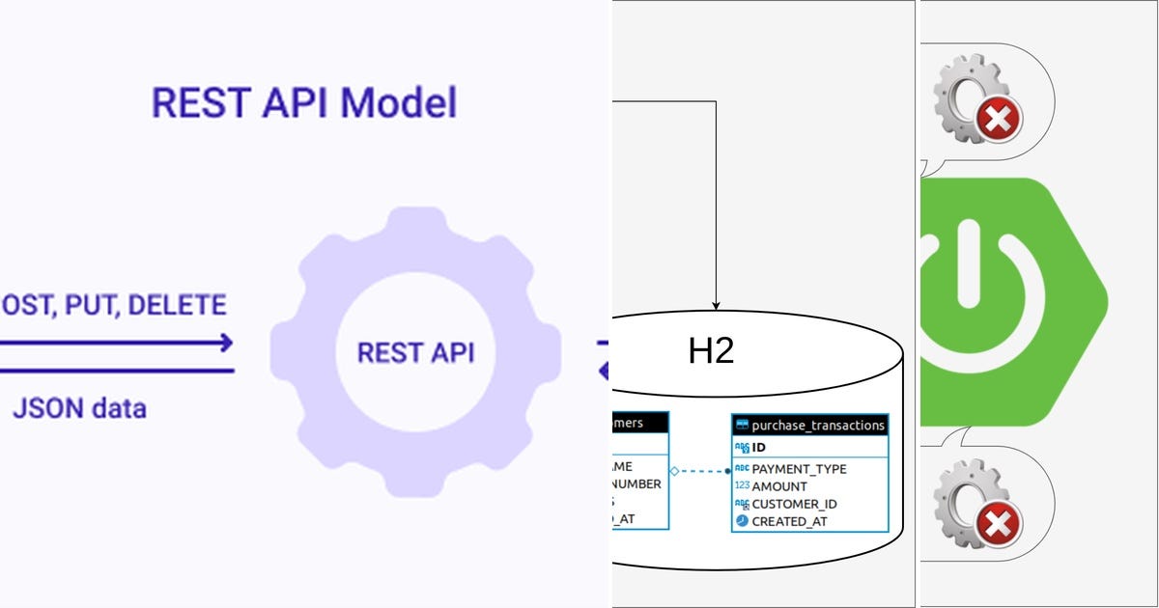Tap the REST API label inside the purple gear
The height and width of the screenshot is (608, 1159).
coord(415,352)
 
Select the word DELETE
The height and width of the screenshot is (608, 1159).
coord(177,306)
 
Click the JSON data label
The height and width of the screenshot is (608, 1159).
coord(79,408)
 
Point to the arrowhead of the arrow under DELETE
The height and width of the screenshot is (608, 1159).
coord(225,343)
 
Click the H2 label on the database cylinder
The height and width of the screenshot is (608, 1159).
coord(711,351)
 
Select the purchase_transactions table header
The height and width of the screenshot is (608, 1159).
coord(809,425)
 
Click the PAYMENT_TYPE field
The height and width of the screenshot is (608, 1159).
coord(799,469)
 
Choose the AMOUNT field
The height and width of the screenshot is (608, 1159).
coord(779,486)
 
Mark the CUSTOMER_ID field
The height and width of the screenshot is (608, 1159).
coord(794,504)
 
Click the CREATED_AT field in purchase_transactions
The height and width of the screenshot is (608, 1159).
coord(789,521)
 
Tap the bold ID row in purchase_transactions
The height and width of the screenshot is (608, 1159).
coord(759,448)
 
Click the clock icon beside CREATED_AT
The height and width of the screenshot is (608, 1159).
coord(742,521)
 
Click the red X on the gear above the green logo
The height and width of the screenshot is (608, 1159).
coord(998,121)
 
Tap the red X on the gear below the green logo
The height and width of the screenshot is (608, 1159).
coord(996,524)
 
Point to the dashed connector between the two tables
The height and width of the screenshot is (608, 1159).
coord(700,471)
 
